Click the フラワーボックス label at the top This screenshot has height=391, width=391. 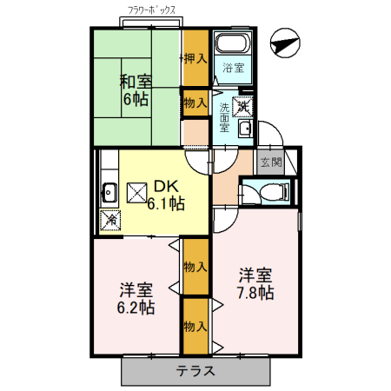[x=152, y=11]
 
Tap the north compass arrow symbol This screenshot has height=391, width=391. [x=284, y=40]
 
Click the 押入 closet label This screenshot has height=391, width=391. [x=195, y=59]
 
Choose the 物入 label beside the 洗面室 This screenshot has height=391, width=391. [x=195, y=103]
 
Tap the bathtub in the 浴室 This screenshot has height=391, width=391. [x=232, y=46]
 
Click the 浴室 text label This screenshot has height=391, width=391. [x=232, y=68]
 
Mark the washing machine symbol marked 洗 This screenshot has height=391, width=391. [x=243, y=106]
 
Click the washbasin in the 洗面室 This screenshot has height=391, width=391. [x=245, y=130]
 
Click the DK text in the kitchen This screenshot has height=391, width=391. [x=166, y=186]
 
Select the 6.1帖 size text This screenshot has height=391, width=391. [x=165, y=204]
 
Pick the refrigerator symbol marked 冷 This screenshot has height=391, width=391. [x=111, y=220]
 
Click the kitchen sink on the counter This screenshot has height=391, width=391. [x=109, y=191]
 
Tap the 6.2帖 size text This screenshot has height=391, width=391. [x=136, y=307]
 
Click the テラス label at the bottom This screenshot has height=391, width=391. [x=196, y=371]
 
